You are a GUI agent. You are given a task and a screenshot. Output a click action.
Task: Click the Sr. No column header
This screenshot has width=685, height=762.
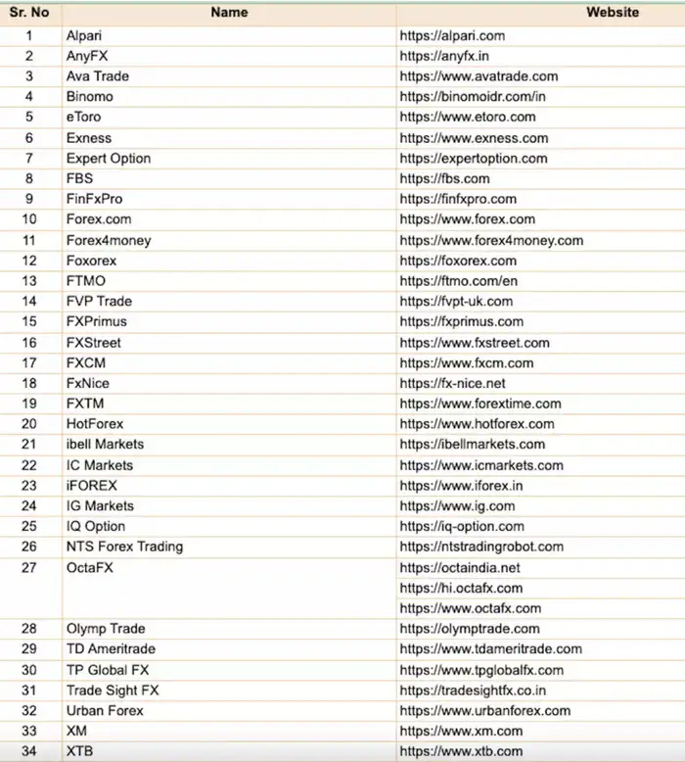[29, 13]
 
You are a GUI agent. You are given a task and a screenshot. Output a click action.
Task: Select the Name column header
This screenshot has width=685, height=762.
[229, 13]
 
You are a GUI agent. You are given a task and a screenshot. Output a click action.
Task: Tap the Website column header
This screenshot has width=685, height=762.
[613, 13]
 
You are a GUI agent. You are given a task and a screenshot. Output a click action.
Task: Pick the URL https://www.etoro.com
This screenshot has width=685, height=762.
[468, 118]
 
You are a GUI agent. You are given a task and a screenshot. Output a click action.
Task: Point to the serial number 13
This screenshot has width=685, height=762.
[29, 281]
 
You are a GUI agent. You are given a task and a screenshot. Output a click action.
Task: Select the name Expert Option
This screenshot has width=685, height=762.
[109, 159]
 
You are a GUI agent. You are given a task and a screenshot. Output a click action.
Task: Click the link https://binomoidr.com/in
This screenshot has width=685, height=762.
[473, 97]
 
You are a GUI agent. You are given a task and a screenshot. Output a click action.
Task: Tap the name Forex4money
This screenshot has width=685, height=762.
[109, 240]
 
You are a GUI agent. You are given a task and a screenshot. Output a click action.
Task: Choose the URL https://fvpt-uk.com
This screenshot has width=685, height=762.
[456, 302]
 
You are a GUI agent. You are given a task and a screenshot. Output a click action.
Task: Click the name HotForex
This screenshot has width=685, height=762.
[95, 424]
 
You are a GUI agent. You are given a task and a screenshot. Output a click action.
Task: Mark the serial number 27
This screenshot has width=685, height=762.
[29, 567]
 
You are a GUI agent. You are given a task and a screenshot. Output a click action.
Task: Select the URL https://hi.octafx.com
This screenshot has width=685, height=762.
[461, 588]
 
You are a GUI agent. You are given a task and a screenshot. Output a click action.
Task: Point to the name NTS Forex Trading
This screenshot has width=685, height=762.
[124, 547]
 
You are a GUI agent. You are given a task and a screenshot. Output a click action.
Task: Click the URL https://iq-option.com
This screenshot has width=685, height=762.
[462, 526]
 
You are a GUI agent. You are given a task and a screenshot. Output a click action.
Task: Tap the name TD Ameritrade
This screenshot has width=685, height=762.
[111, 649]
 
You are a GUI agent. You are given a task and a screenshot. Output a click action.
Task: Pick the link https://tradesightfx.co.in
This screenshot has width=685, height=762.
[473, 691]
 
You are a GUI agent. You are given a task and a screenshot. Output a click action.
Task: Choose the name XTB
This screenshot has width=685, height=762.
[79, 751]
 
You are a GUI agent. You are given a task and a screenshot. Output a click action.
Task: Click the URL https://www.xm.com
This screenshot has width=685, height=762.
[461, 731]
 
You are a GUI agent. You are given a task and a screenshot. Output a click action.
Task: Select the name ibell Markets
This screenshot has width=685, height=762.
[105, 445]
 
